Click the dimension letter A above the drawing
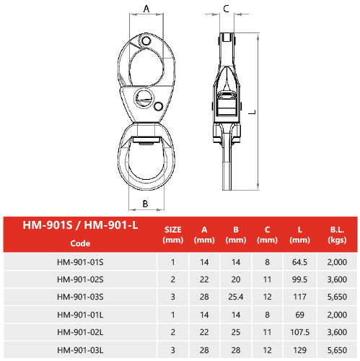[x=146, y=9]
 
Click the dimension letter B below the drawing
[x=145, y=204]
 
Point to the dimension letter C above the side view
[x=226, y=9]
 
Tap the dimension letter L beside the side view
[x=252, y=112]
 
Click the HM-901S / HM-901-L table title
[x=80, y=225]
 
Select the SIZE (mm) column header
[x=173, y=235]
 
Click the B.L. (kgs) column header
[x=337, y=235]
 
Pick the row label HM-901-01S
[x=80, y=262]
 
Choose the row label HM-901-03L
[x=80, y=350]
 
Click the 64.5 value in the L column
[x=299, y=262]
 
